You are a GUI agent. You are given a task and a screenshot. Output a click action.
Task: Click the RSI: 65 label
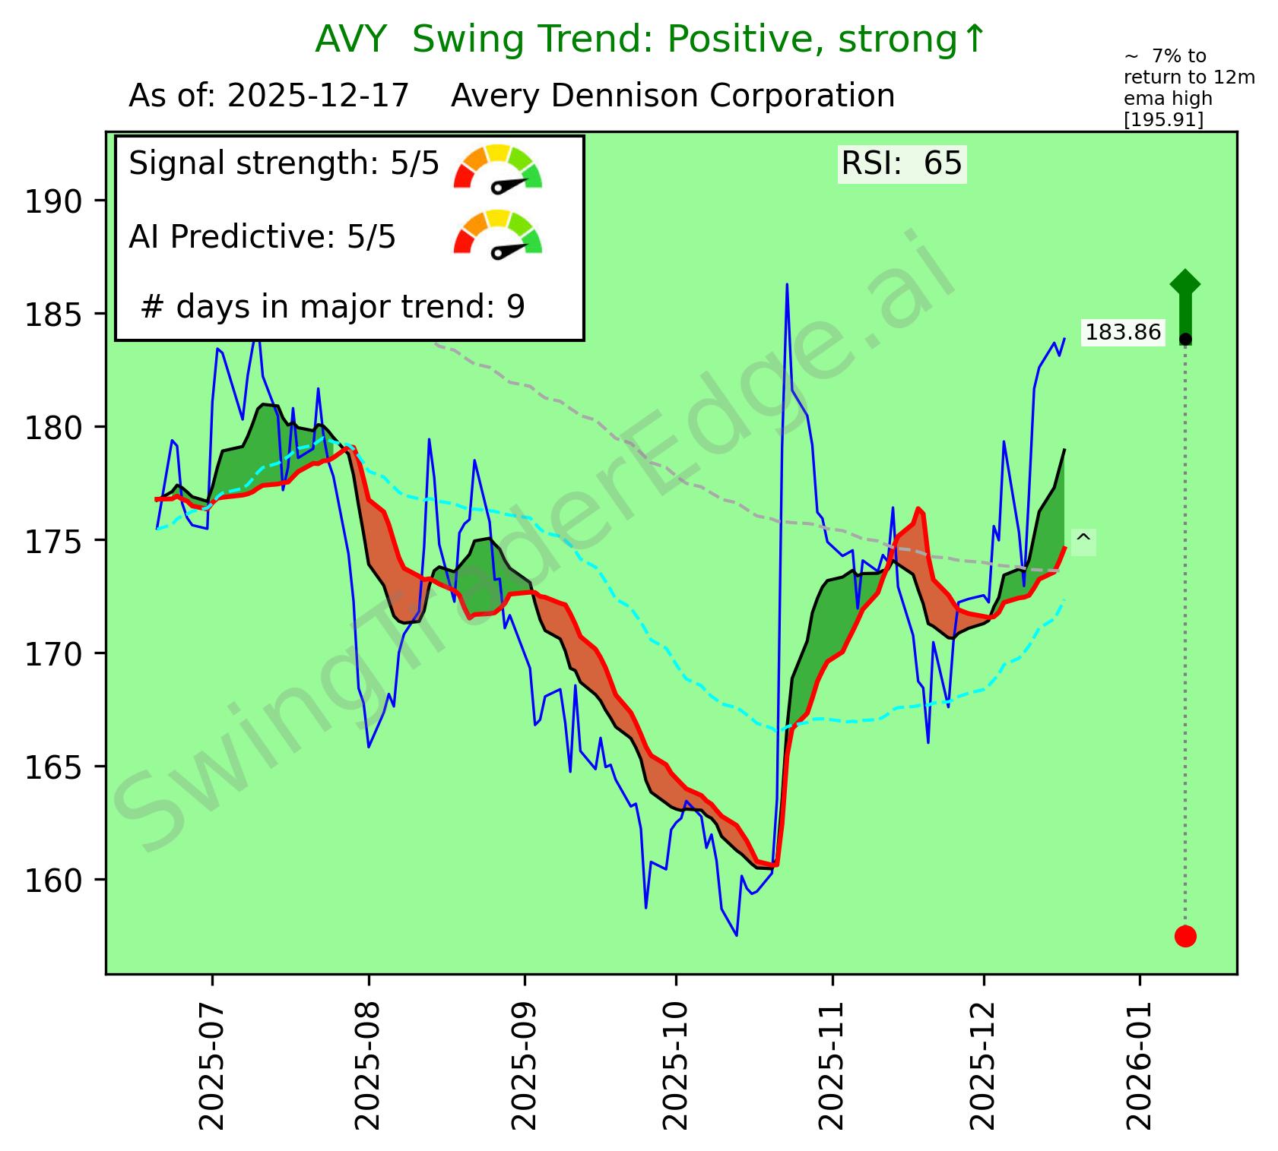tap(902, 164)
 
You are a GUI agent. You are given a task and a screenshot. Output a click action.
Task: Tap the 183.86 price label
tap(1123, 333)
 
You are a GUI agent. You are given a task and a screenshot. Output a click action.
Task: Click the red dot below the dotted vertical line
tap(1185, 936)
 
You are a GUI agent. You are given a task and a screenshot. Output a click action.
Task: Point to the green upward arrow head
tap(1185, 283)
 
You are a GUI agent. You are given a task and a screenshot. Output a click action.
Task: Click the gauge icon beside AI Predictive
tap(498, 232)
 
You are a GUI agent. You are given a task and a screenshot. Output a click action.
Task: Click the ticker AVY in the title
tap(351, 40)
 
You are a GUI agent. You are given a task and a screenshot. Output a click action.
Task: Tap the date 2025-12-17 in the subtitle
tap(319, 96)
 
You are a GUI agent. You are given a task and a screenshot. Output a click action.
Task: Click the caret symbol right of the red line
tap(1083, 540)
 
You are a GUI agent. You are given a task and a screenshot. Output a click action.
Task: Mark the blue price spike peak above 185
tap(787, 285)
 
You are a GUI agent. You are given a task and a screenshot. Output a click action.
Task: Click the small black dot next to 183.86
tap(1185, 339)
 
